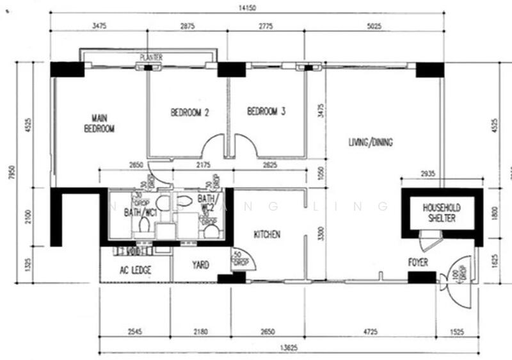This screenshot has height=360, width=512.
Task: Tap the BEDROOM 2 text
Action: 190,112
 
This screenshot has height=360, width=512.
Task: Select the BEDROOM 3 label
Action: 266,111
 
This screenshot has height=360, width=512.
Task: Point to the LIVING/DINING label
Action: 371,142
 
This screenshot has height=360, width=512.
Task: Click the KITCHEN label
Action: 267,234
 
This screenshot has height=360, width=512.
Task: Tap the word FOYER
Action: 418,263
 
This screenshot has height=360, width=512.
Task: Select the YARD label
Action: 200,265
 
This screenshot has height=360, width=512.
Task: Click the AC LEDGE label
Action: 135,270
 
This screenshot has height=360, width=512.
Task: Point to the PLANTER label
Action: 151,58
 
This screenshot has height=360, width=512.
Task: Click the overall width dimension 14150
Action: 246,8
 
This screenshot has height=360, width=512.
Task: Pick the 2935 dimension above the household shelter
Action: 429,174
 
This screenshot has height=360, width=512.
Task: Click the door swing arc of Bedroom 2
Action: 214,149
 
